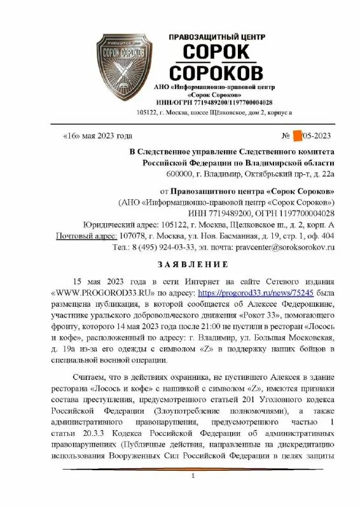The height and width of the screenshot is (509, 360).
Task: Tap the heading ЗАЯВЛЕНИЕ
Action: [x=179, y=264]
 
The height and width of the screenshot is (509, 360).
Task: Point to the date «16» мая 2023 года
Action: [x=97, y=136]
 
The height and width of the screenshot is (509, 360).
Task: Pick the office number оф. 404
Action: [x=319, y=236]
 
